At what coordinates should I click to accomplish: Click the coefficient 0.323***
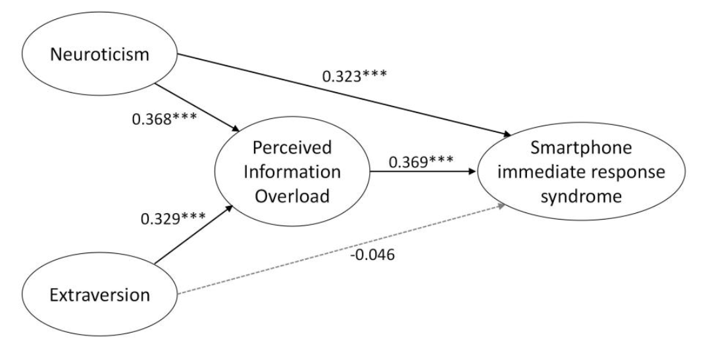354,76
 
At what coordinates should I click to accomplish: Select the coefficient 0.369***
421,162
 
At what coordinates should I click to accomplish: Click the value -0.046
373,255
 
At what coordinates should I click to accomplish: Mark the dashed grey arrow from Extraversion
342,250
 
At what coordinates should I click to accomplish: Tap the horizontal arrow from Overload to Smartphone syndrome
421,173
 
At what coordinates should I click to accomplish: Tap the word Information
291,172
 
